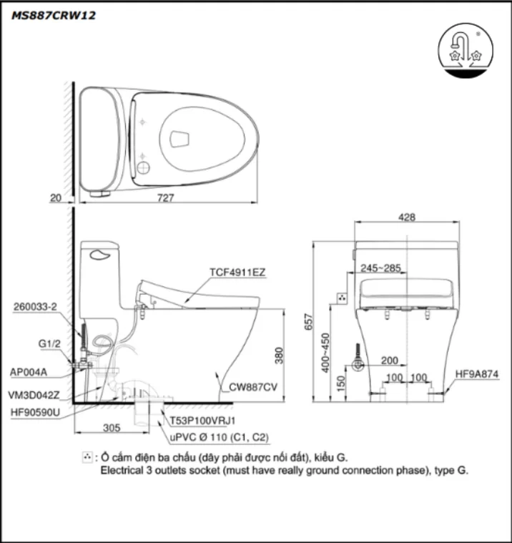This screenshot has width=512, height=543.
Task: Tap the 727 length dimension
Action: click(x=166, y=198)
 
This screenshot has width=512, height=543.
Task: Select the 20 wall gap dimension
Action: click(x=56, y=198)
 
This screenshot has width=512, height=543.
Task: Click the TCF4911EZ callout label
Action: click(x=237, y=273)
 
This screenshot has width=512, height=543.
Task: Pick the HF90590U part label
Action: click(x=34, y=412)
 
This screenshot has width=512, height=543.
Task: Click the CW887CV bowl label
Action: click(x=253, y=387)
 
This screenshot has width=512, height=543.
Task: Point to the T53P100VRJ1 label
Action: click(x=203, y=421)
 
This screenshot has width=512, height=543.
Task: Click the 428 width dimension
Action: click(x=407, y=218)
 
